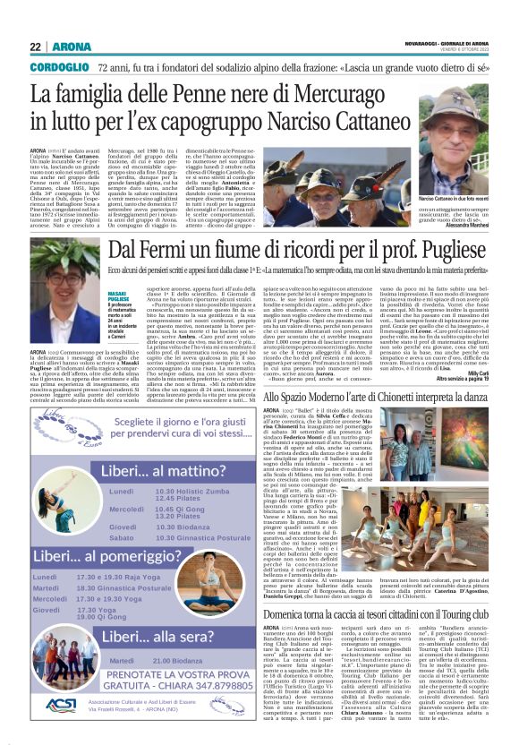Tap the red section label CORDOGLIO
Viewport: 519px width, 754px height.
[59, 68]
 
